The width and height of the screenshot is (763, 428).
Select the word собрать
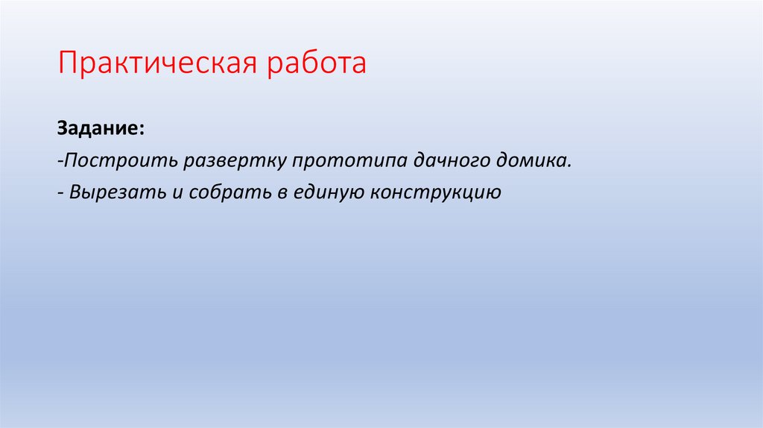(221, 192)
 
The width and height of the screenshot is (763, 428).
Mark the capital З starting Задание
(62, 129)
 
